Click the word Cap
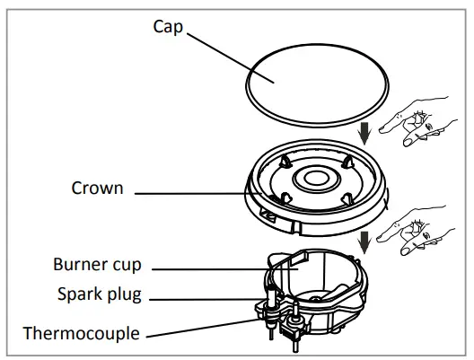[x=168, y=26]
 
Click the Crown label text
[x=97, y=189]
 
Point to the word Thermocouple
[x=83, y=333]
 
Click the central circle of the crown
[x=318, y=178]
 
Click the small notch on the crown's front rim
[x=267, y=216]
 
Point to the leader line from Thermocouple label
[x=206, y=327]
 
